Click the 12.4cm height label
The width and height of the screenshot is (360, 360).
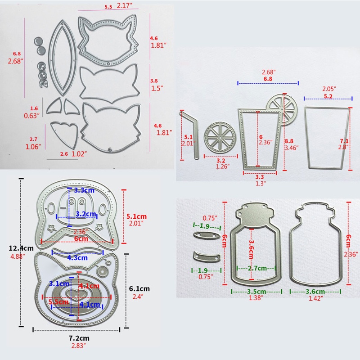coord(21,248)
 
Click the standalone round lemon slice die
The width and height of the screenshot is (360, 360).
coord(220,138)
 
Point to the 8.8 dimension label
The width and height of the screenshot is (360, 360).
coord(289,141)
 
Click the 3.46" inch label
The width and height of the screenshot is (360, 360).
coord(291,148)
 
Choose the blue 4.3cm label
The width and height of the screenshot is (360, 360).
coord(77,258)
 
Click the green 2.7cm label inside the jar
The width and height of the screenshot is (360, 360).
coord(257,268)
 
